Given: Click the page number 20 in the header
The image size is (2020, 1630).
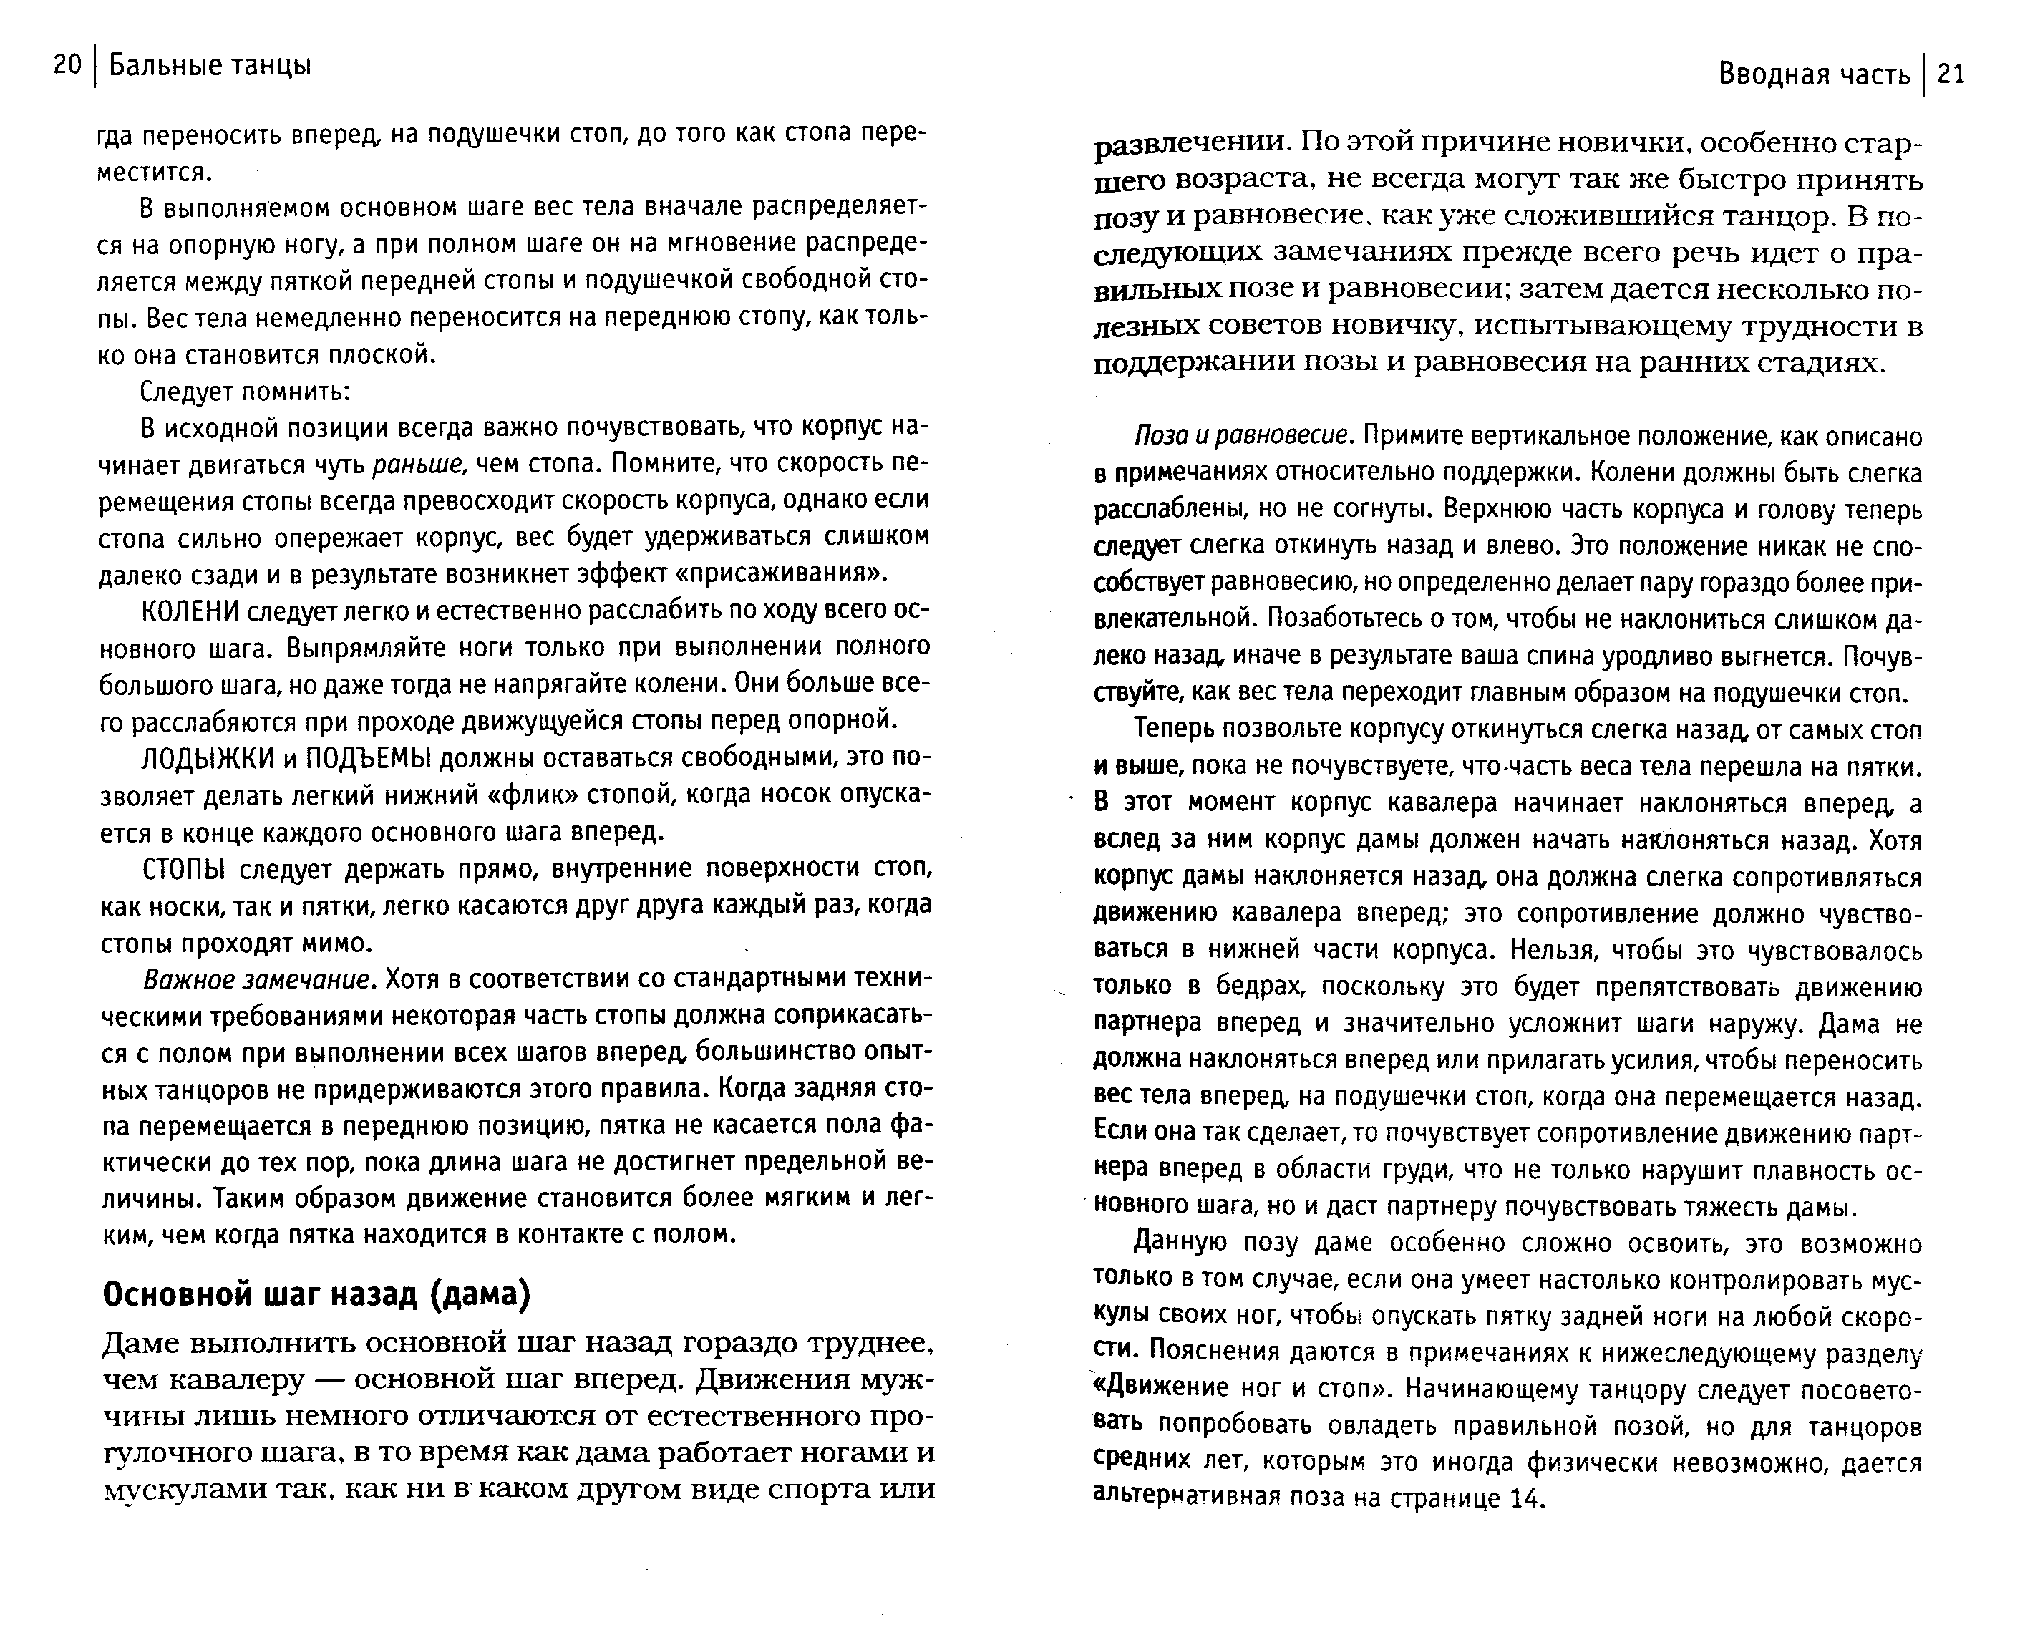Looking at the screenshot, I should pyautogui.click(x=68, y=66).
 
